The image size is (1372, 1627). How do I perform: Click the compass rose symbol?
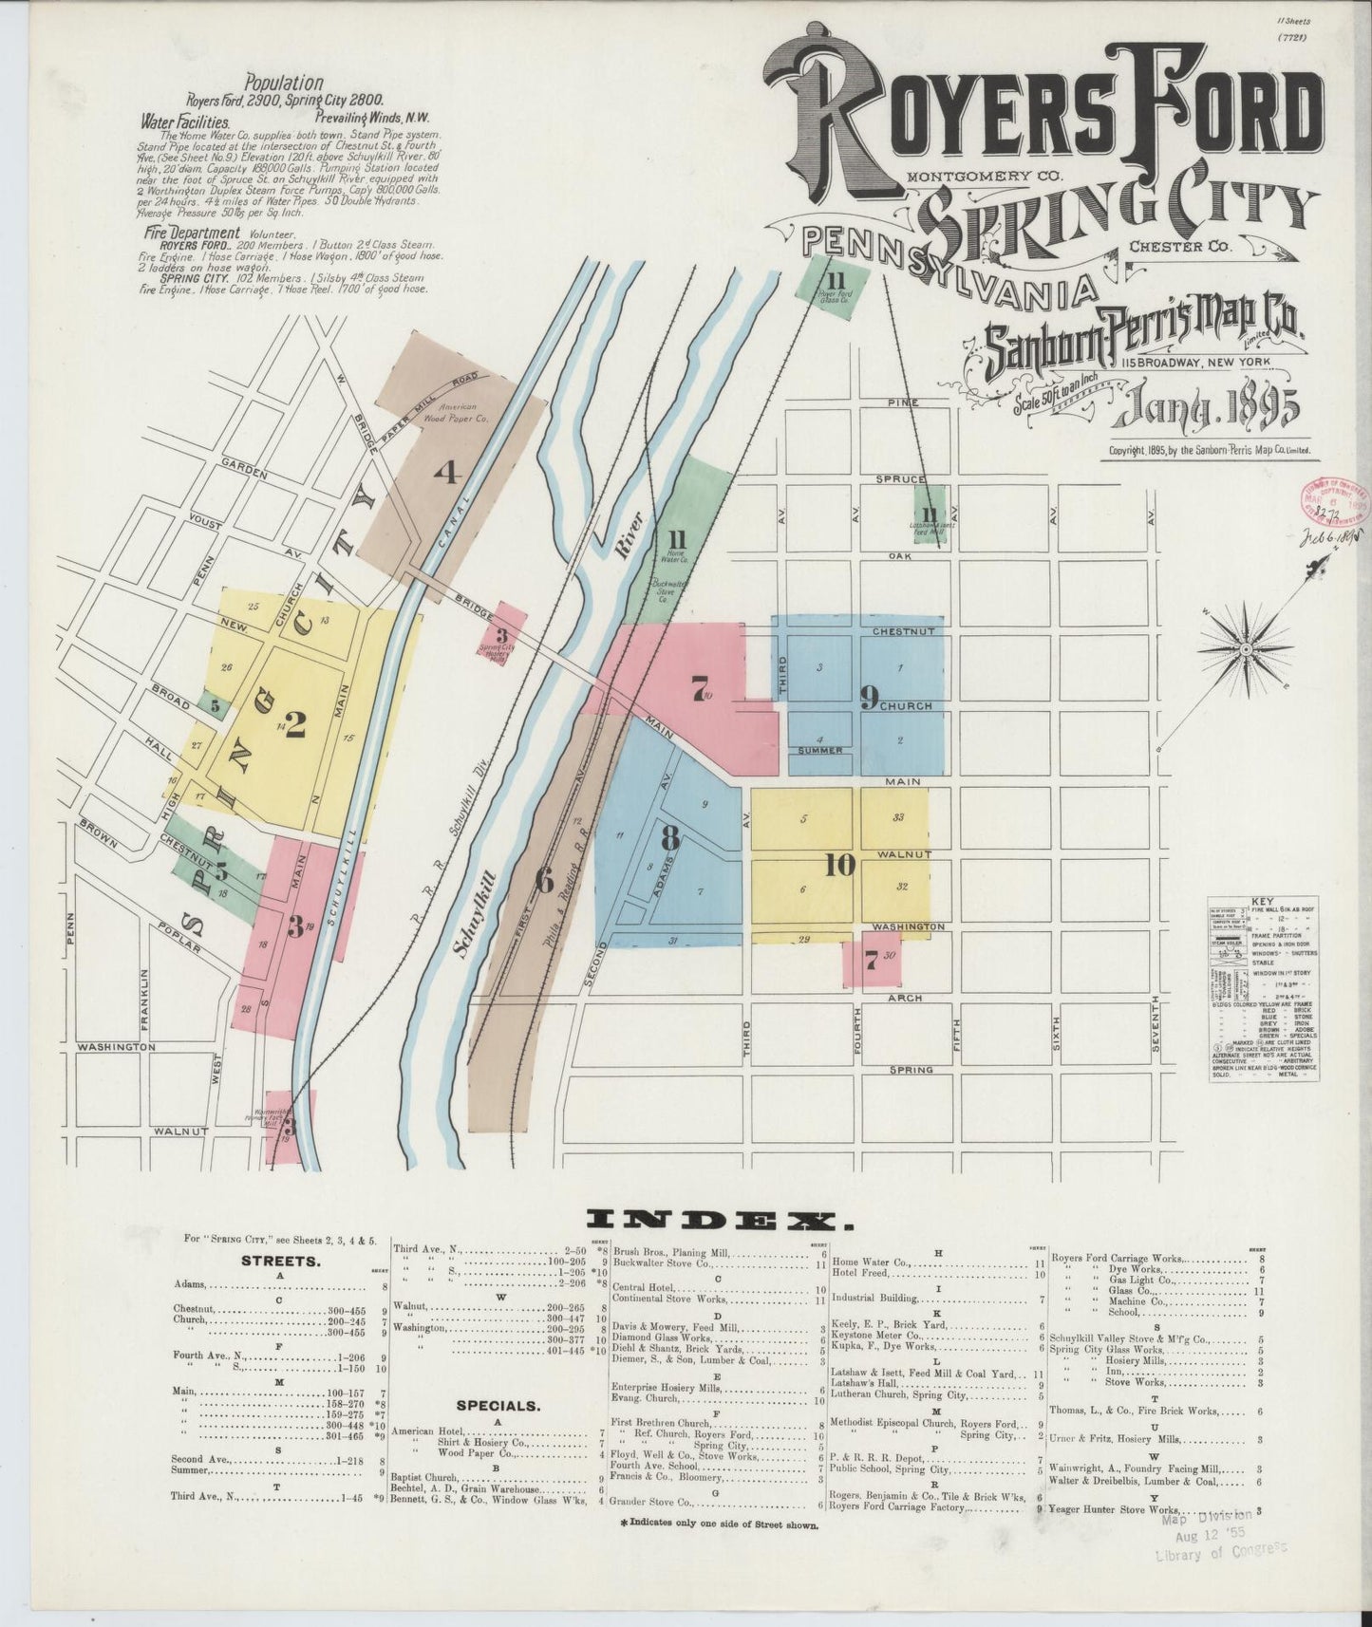(1244, 649)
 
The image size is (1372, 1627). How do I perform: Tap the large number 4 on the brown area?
(447, 471)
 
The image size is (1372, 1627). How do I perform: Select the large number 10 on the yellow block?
(840, 866)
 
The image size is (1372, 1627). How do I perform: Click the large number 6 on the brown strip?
(543, 880)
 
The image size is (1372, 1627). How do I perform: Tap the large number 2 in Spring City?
(295, 724)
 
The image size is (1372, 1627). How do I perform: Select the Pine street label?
(903, 402)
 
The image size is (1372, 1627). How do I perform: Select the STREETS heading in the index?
(280, 1262)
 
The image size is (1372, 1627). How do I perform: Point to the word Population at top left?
(283, 84)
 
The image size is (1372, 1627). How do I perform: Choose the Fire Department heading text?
(192, 232)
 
